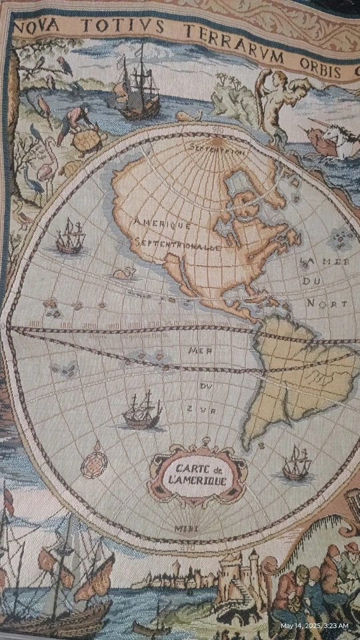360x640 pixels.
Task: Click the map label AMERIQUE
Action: pyautogui.click(x=163, y=225)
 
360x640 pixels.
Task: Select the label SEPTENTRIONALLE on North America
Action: pyautogui.click(x=177, y=245)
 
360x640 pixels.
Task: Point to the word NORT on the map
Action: pyautogui.click(x=327, y=304)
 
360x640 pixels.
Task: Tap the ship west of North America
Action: pyautogui.click(x=70, y=236)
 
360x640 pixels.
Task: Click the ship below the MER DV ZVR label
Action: pyautogui.click(x=142, y=411)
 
